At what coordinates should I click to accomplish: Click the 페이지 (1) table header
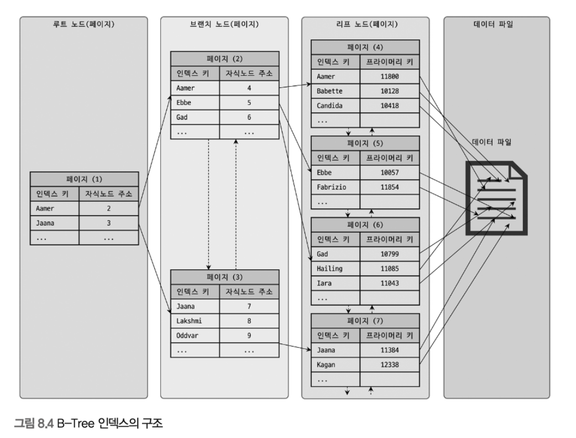tap(84, 179)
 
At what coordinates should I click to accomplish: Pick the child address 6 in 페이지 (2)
tap(249, 117)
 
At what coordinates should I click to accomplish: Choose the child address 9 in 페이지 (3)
tap(249, 335)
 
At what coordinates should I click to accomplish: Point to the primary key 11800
tap(390, 76)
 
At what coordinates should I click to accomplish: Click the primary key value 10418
tap(390, 105)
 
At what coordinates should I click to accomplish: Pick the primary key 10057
tap(390, 173)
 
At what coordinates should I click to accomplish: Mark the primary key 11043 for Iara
tap(390, 283)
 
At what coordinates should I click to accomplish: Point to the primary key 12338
tap(390, 365)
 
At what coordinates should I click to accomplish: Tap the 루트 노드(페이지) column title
tap(84, 24)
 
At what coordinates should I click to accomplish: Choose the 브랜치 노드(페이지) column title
tap(224, 24)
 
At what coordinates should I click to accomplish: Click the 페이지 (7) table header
tap(365, 321)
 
